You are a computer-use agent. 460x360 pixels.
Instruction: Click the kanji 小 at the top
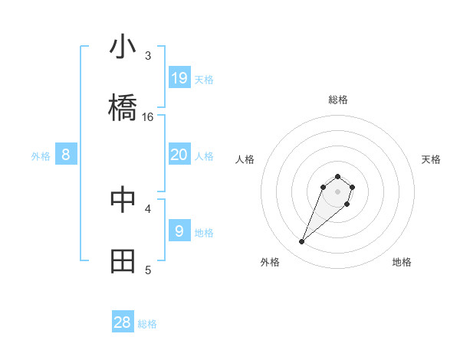click(x=123, y=47)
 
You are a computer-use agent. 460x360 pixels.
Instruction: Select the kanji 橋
click(x=123, y=108)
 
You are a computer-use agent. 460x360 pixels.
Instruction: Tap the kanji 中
click(x=123, y=199)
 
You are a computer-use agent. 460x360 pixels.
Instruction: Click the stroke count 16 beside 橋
click(x=148, y=117)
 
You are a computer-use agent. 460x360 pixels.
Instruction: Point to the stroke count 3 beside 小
click(x=148, y=56)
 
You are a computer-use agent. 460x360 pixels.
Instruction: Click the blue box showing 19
click(x=179, y=77)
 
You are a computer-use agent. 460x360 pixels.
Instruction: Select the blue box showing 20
click(x=179, y=155)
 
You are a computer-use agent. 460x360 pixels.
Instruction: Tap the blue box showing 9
click(x=179, y=231)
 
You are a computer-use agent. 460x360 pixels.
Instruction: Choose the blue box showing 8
click(x=66, y=155)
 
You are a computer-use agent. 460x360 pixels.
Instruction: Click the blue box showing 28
click(x=123, y=322)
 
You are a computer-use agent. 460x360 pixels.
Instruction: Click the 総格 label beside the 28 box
click(x=148, y=324)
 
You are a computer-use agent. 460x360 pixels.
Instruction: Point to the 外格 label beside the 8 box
click(x=41, y=156)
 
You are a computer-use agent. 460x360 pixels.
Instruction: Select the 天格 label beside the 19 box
click(x=204, y=79)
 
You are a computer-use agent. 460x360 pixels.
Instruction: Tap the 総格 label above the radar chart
click(x=337, y=100)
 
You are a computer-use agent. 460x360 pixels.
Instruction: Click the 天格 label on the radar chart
click(x=431, y=159)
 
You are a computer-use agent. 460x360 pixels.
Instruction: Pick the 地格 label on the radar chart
click(x=402, y=262)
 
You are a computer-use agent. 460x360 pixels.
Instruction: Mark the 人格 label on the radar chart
click(x=245, y=159)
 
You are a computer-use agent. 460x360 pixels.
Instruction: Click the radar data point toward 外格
click(x=302, y=242)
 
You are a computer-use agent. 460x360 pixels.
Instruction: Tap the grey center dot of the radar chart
click(x=337, y=191)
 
